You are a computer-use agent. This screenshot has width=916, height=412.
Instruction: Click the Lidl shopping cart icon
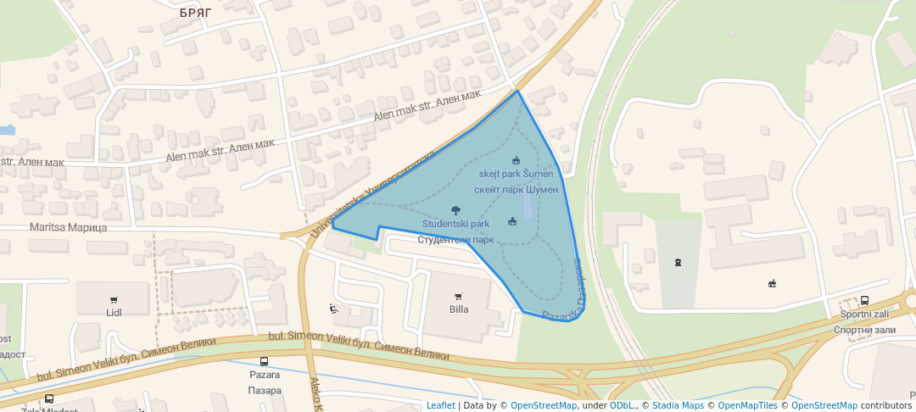point(114,299)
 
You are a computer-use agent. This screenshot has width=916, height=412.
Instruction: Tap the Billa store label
point(459,309)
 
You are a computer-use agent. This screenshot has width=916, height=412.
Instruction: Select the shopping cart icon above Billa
point(459,296)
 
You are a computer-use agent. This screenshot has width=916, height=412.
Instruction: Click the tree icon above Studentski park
point(456,209)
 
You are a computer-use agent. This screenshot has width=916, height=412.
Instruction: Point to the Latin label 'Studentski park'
point(456,224)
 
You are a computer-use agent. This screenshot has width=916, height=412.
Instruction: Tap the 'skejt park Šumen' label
point(516,174)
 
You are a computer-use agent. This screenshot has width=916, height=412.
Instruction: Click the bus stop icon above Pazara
point(265,361)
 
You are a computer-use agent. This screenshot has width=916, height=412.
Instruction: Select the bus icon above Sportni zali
point(864,300)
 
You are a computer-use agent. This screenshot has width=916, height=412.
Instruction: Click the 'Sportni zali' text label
point(864,314)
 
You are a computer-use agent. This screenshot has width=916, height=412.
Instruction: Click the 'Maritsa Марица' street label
point(69,227)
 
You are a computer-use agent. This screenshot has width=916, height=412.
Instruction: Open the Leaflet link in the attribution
point(440,405)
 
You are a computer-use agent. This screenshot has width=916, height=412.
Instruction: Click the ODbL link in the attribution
point(622,405)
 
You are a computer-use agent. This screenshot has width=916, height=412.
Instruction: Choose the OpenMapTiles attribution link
point(747,405)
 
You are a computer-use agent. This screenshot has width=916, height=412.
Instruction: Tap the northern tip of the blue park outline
point(517,91)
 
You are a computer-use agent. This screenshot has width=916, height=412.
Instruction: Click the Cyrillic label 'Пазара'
point(265,390)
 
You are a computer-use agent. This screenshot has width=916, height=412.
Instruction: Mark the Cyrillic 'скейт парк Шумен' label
point(516,190)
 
